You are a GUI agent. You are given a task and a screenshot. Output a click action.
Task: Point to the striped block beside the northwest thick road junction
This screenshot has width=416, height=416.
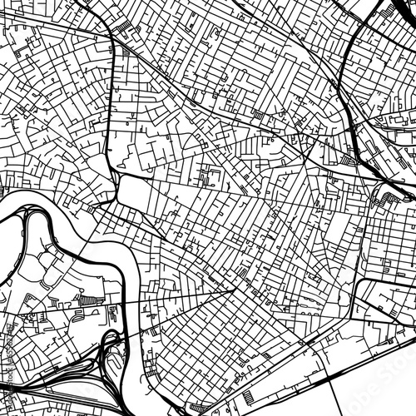point(125,28)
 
